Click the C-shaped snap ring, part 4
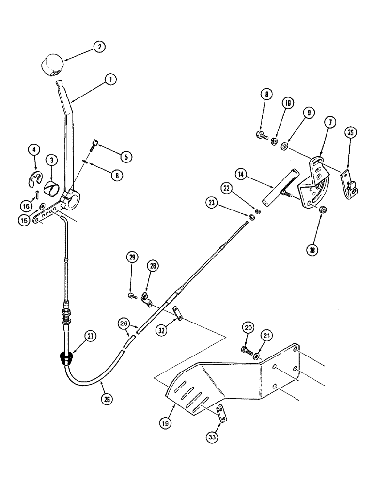click(x=33, y=178)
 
